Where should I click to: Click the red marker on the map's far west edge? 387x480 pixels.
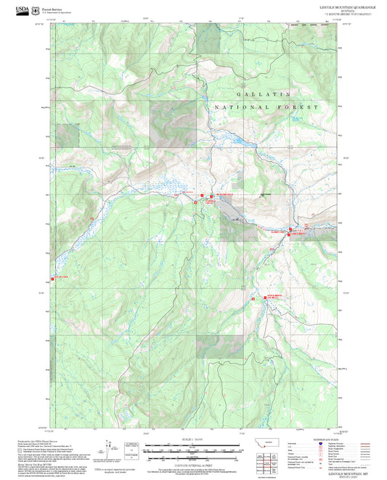pyautogui.click(x=55, y=278)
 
